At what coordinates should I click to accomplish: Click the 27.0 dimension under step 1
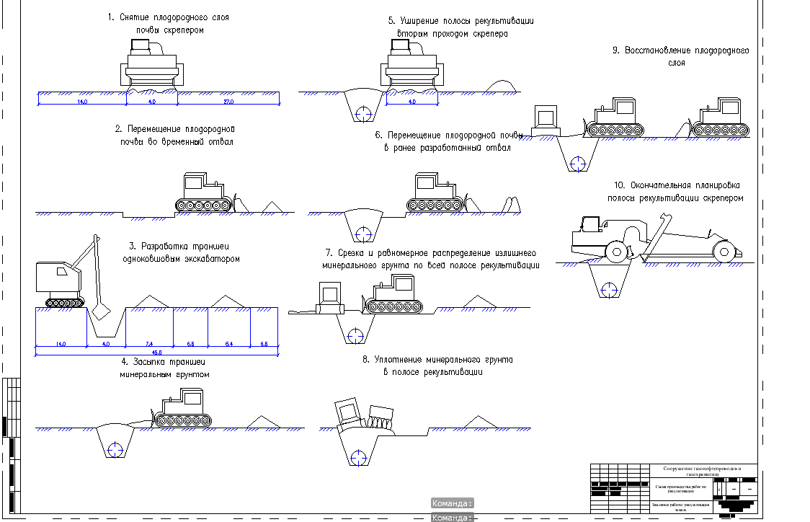[228, 102]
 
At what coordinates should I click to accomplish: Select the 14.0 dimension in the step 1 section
[81, 102]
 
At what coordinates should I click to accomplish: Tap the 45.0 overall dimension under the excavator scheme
[156, 352]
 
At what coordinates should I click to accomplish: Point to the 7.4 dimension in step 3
[149, 345]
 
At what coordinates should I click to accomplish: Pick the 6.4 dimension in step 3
[228, 345]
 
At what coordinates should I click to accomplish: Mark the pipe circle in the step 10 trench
[611, 289]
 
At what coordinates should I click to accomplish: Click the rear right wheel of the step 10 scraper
[724, 252]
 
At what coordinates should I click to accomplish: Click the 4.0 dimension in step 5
[412, 102]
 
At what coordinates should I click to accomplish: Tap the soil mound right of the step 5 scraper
[502, 86]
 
